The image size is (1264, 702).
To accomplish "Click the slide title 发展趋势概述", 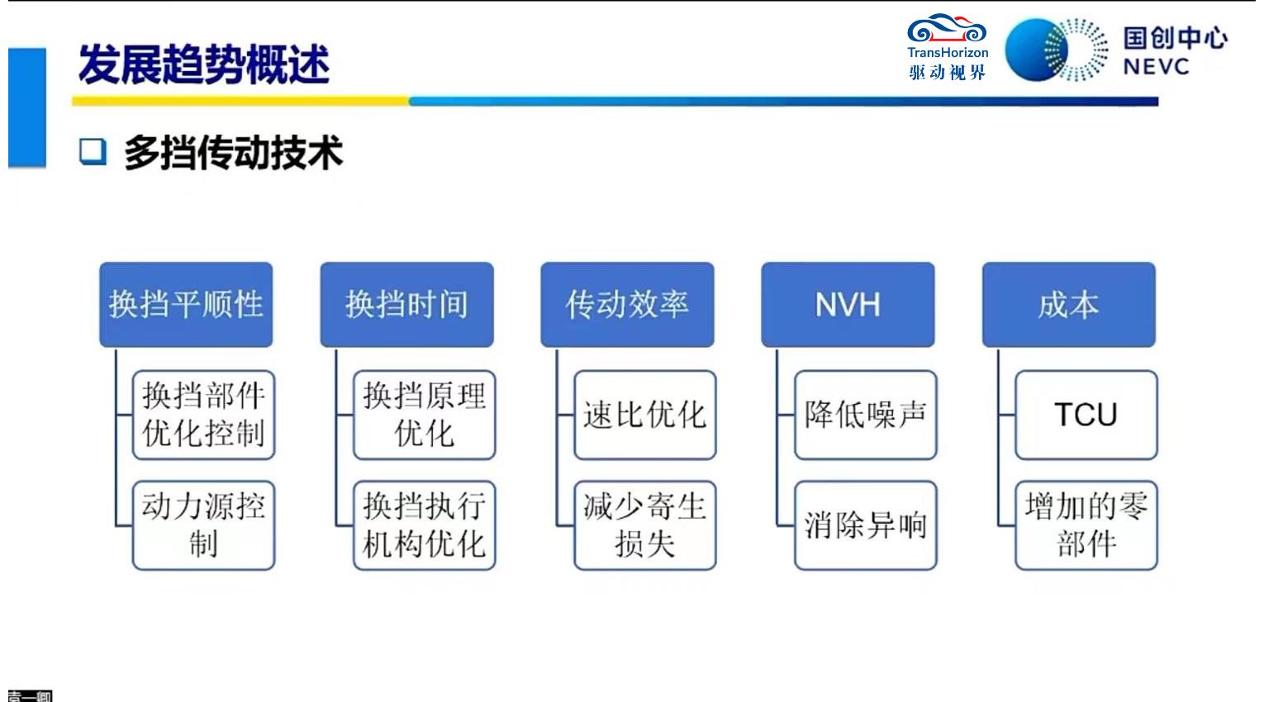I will pyautogui.click(x=203, y=64).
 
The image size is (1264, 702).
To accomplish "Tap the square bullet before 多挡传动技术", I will pyautogui.click(x=93, y=152).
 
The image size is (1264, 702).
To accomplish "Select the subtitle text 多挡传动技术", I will pyautogui.click(x=233, y=153).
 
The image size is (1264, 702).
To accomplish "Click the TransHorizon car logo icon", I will pyautogui.click(x=947, y=31).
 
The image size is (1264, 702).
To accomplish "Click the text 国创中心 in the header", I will pyautogui.click(x=1174, y=38).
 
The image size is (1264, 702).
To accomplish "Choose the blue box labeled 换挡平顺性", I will pyautogui.click(x=186, y=305).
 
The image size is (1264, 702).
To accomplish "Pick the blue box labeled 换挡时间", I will pyautogui.click(x=406, y=305).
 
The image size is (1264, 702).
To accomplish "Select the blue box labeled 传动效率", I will pyautogui.click(x=627, y=305).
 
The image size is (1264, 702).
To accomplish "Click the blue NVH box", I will pyautogui.click(x=848, y=305).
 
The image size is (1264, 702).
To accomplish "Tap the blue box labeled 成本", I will pyautogui.click(x=1068, y=305).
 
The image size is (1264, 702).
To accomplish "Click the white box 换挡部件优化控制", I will pyautogui.click(x=203, y=415).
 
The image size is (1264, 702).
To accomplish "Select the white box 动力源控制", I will pyautogui.click(x=203, y=525).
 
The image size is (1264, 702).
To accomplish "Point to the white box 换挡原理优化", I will pyautogui.click(x=424, y=415).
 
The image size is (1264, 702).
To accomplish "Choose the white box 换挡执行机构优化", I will pyautogui.click(x=424, y=525).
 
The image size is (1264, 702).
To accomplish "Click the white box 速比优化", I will pyautogui.click(x=644, y=415).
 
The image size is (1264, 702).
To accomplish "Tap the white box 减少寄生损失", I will pyautogui.click(x=644, y=525).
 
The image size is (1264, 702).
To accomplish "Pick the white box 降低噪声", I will pyautogui.click(x=865, y=415).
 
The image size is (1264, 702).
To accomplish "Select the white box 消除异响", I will pyautogui.click(x=865, y=525).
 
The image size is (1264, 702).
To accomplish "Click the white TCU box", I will pyautogui.click(x=1086, y=415).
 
